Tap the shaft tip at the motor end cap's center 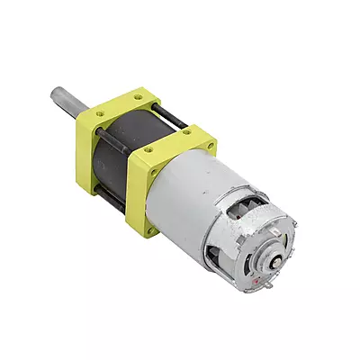[x=269, y=261]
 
